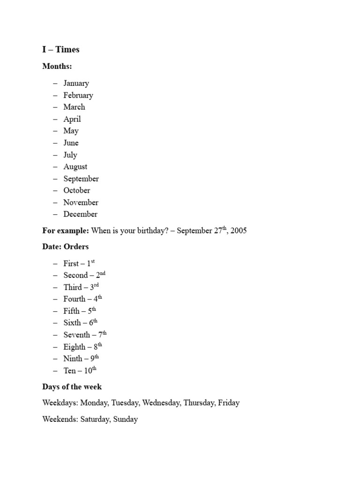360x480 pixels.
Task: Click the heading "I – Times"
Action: click(x=61, y=50)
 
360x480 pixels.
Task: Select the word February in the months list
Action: click(x=78, y=95)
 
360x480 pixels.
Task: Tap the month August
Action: click(x=75, y=166)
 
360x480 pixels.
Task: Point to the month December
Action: click(x=81, y=214)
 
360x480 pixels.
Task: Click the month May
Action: click(x=71, y=131)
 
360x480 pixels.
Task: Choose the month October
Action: click(x=77, y=190)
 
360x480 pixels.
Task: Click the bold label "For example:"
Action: click(x=66, y=231)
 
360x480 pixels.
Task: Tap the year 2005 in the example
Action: click(x=238, y=231)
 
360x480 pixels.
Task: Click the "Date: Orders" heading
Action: click(x=65, y=247)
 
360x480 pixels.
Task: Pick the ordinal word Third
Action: click(x=73, y=287)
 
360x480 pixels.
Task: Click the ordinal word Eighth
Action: click(x=75, y=347)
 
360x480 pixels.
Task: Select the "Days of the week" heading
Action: click(x=72, y=387)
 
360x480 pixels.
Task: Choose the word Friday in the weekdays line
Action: click(x=229, y=403)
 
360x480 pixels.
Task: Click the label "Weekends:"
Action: click(x=60, y=419)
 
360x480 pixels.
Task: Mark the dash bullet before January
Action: click(x=55, y=83)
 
